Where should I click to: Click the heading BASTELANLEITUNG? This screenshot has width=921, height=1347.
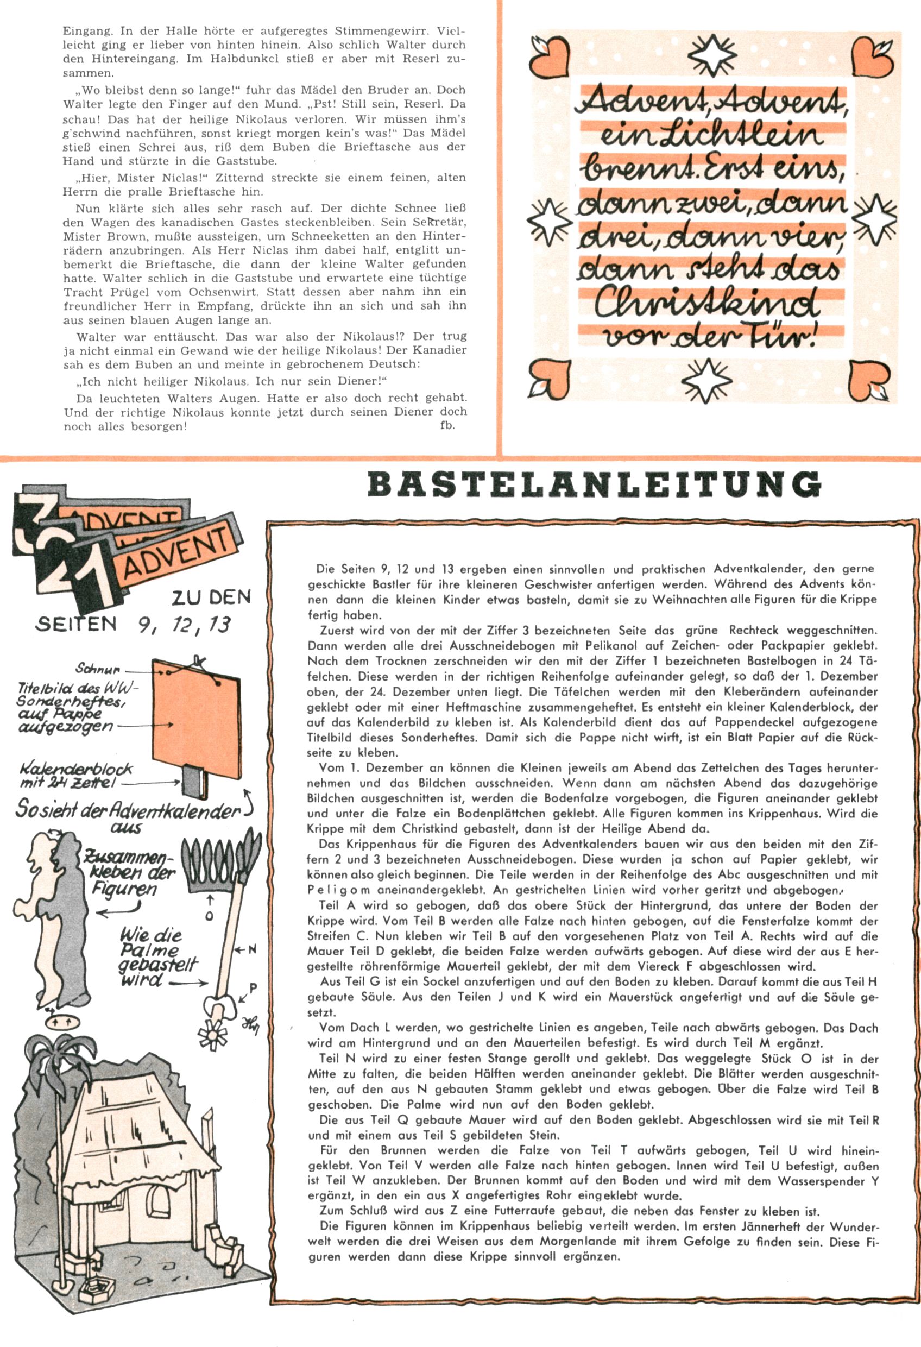pos(594,484)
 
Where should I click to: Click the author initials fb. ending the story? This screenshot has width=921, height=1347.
pos(447,426)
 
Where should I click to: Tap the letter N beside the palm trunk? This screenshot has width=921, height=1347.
pos(252,950)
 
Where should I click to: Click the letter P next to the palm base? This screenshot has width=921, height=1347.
pos(253,987)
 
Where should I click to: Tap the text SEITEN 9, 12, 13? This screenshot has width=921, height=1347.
pos(133,624)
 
